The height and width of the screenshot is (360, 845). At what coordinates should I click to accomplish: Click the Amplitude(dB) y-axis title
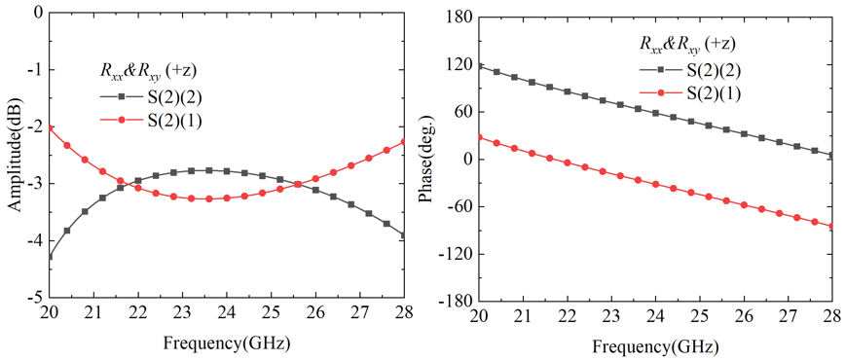pos(14,155)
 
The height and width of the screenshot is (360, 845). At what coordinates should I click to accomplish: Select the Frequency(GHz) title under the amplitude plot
pos(226,343)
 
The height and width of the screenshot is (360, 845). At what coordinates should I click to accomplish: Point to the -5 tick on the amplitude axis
pos(34,297)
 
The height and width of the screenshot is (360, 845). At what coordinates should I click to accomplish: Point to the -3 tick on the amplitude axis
pos(34,183)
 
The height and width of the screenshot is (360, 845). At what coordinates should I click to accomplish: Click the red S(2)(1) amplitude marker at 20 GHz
pos(51,127)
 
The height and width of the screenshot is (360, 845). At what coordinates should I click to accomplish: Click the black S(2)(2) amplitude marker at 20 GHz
pos(51,256)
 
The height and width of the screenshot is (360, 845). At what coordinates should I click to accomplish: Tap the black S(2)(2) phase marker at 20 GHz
pos(479,66)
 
